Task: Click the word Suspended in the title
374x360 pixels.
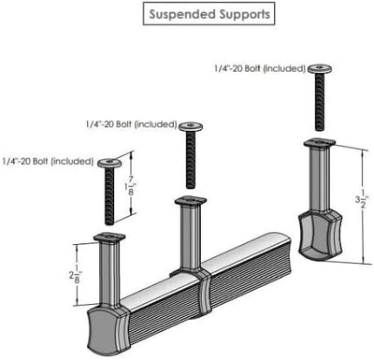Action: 182,14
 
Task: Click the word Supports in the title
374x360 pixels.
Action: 244,14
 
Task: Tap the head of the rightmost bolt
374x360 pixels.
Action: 320,68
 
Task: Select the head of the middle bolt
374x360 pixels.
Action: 191,126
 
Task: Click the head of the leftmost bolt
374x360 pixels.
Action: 109,163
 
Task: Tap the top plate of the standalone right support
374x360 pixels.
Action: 320,143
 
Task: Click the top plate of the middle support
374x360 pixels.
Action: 191,201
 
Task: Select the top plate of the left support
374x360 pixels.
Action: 109,238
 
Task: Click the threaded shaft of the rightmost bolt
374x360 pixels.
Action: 320,102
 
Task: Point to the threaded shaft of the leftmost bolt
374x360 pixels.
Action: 109,196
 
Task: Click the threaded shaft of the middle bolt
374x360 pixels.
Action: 191,160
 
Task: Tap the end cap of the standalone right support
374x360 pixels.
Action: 321,236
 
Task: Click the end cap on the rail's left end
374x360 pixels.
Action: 108,330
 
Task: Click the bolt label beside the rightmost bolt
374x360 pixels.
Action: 260,68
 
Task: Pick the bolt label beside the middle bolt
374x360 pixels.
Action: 132,124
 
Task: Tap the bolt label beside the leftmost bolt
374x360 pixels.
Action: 48,162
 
